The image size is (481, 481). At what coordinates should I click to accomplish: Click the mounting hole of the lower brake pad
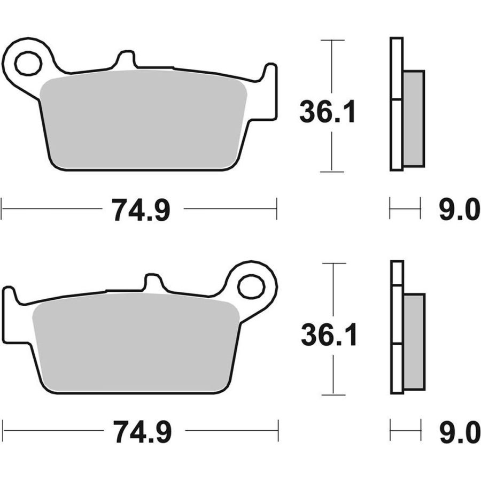click(251, 287)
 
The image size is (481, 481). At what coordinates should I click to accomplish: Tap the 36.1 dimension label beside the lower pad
click(329, 335)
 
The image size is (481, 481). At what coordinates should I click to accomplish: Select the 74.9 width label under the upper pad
click(141, 210)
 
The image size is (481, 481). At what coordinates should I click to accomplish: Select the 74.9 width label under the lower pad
click(142, 431)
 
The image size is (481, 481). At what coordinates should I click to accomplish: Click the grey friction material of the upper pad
click(144, 120)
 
